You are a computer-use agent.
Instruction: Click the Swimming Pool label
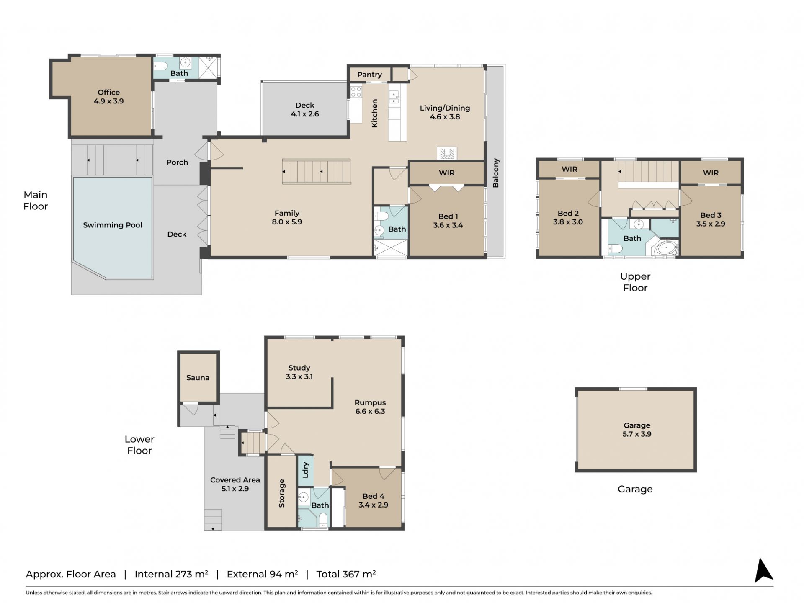tap(112, 225)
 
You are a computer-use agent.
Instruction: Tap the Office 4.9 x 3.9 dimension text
tap(108, 101)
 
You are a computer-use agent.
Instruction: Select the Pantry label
tap(369, 75)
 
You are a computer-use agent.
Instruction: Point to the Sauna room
tap(198, 377)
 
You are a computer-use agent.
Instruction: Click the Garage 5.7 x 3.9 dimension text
tap(636, 434)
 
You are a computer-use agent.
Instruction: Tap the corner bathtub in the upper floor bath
tap(666, 248)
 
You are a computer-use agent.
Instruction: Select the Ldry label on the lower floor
tap(305, 470)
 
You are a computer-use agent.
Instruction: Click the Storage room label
tap(281, 493)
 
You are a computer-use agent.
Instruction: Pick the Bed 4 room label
tap(373, 496)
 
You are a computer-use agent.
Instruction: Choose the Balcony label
tap(496, 173)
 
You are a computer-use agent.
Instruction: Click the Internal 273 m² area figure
tap(171, 574)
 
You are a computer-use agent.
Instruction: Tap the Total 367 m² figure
tap(346, 574)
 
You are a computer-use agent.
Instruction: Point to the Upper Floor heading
tap(635, 282)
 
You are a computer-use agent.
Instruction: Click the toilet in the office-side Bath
tap(161, 66)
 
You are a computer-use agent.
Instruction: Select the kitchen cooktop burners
tap(356, 92)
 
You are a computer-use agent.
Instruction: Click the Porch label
tap(177, 162)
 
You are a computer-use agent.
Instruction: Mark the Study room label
tap(299, 368)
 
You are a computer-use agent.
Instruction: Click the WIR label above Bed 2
tap(569, 169)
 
